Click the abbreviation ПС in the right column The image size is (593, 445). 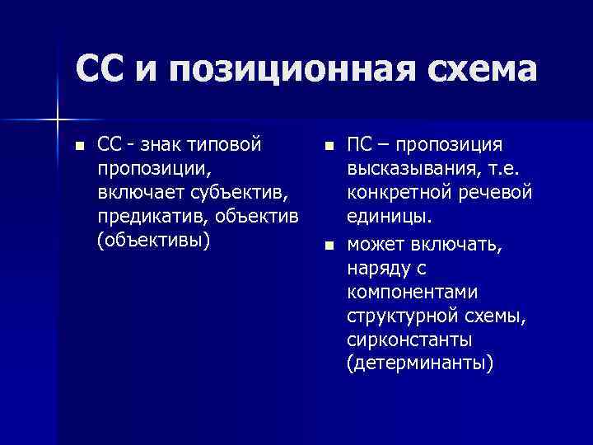[363, 145]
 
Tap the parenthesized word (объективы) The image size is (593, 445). [153, 241]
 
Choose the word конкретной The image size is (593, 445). [399, 193]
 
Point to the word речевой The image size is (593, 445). [497, 193]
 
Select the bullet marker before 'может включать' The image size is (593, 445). [329, 244]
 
